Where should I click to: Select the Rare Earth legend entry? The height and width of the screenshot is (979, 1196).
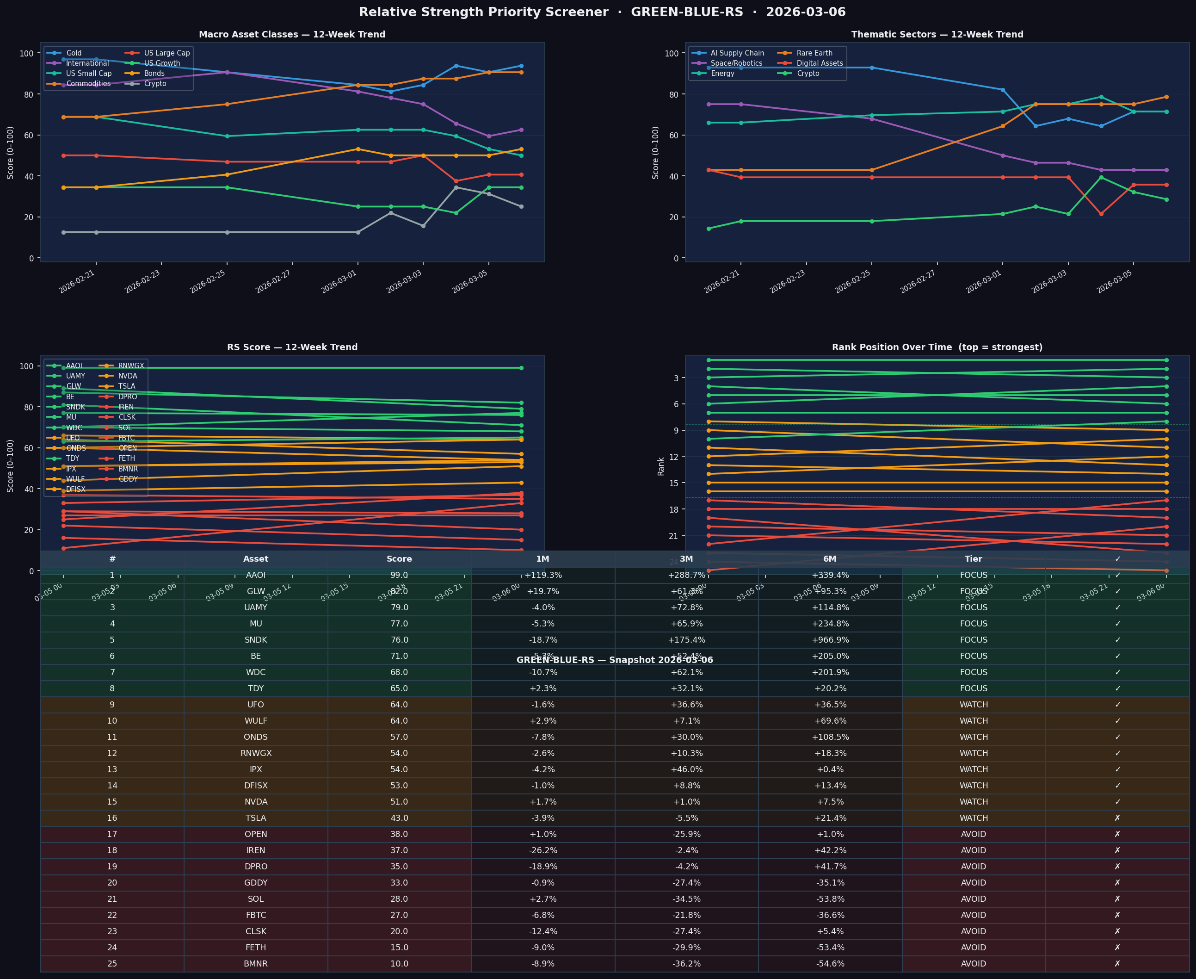pyautogui.click(x=814, y=53)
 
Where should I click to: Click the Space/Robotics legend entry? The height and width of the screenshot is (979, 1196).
pyautogui.click(x=736, y=63)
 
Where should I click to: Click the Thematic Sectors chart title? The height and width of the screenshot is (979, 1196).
pyautogui.click(x=937, y=34)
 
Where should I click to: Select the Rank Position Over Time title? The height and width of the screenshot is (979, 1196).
pyautogui.click(x=937, y=347)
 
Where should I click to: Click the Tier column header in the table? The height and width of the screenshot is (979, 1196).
pyautogui.click(x=974, y=559)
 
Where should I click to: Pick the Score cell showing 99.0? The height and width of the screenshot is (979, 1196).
pyautogui.click(x=399, y=575)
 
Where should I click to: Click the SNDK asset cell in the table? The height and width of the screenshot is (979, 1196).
pyautogui.click(x=256, y=640)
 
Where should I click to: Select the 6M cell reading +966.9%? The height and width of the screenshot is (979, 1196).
pyautogui.click(x=830, y=640)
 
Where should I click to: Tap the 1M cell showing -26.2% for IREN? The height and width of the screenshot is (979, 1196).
pyautogui.click(x=543, y=850)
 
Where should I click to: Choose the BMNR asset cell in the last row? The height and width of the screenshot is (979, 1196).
pyautogui.click(x=256, y=964)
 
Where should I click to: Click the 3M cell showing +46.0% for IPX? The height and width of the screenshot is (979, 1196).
pyautogui.click(x=686, y=769)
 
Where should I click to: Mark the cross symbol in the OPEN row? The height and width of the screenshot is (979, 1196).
pyautogui.click(x=1117, y=834)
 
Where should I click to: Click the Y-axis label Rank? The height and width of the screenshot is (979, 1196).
pyautogui.click(x=660, y=466)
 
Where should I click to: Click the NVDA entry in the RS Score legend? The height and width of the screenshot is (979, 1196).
pyautogui.click(x=127, y=376)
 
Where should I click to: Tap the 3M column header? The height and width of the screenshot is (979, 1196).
pyautogui.click(x=686, y=559)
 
